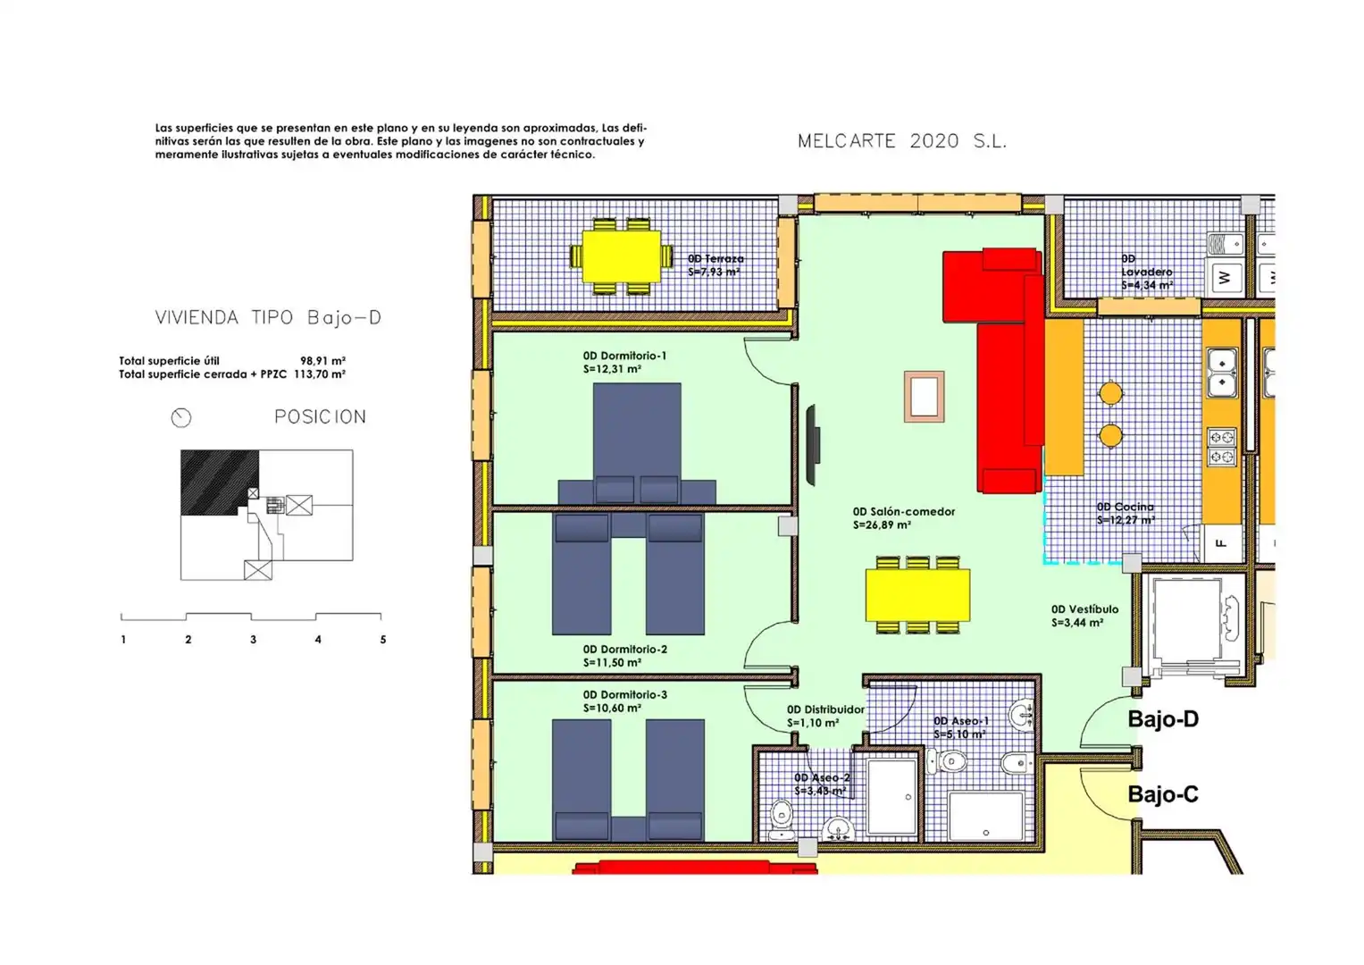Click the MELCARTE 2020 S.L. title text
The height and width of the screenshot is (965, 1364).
pos(902,141)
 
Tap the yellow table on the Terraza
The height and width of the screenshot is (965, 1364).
pos(621,256)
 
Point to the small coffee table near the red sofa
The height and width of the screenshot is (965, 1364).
pos(924,397)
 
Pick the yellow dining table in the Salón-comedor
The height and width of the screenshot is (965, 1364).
pos(917,594)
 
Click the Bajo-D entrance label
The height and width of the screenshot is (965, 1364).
pos(1163,719)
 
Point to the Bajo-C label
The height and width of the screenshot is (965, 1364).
pos(1163,794)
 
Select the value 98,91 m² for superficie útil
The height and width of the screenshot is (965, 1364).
pos(322,361)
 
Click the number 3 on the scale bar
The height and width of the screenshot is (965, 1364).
pos(254,640)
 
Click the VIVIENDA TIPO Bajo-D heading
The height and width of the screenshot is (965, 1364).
pos(268,317)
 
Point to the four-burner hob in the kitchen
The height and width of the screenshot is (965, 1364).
pos(1222,447)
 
